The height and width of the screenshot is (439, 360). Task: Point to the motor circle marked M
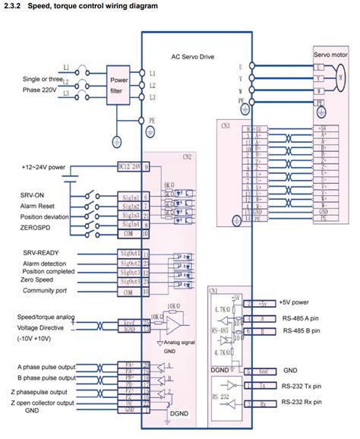pyautogui.click(x=341, y=77)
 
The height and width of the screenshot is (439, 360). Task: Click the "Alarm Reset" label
pyautogui.click(x=41, y=205)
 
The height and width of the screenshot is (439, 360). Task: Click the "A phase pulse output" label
pyautogui.click(x=49, y=365)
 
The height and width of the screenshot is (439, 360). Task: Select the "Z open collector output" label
pyautogui.click(x=53, y=402)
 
